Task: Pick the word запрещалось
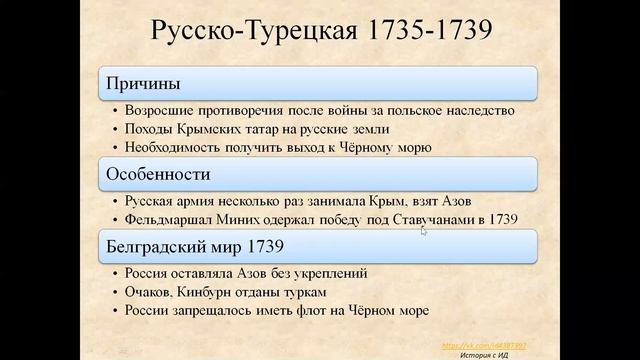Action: pos(220,311)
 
